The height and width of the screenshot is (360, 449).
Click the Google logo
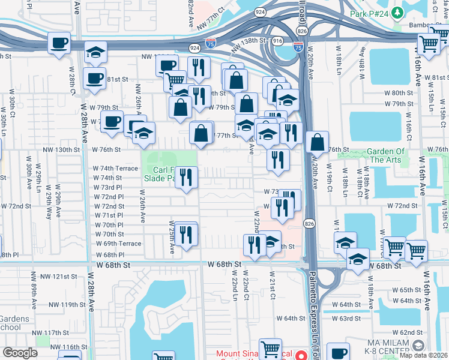point(19,353)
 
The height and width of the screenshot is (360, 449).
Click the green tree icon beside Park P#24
point(397,13)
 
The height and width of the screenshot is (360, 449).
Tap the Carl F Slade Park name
point(159,174)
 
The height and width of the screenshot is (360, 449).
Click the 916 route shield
point(277,40)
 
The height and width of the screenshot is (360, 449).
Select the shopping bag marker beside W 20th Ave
point(317,143)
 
